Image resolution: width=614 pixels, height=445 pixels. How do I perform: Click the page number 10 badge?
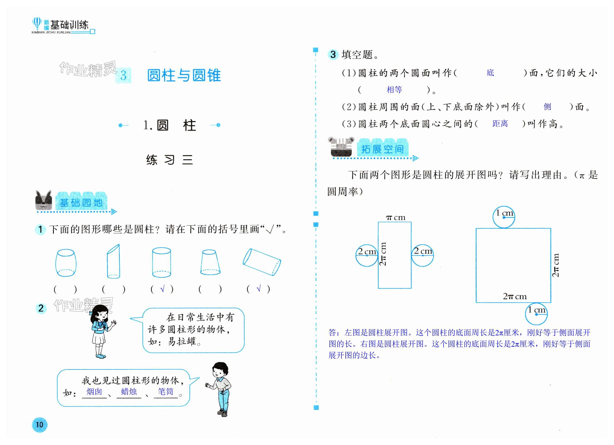40,424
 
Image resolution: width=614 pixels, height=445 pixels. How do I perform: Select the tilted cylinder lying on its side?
262,262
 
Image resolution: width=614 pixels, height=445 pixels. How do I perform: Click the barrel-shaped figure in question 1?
66,262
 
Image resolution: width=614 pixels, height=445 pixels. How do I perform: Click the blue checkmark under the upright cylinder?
162,289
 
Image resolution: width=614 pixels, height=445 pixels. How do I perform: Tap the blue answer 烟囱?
94,392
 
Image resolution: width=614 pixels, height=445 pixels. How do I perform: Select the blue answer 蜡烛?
129,392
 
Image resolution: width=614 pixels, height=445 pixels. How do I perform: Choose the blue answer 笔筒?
165,392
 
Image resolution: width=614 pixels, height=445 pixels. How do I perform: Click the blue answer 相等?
394,90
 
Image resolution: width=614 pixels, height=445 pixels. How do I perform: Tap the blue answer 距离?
500,124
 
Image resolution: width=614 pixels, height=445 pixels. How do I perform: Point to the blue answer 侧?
547,107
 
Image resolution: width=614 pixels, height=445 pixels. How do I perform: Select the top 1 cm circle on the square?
504,217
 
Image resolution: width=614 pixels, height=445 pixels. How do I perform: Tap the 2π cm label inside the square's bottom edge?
515,296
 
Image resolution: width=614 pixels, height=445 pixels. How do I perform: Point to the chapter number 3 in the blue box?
124,75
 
